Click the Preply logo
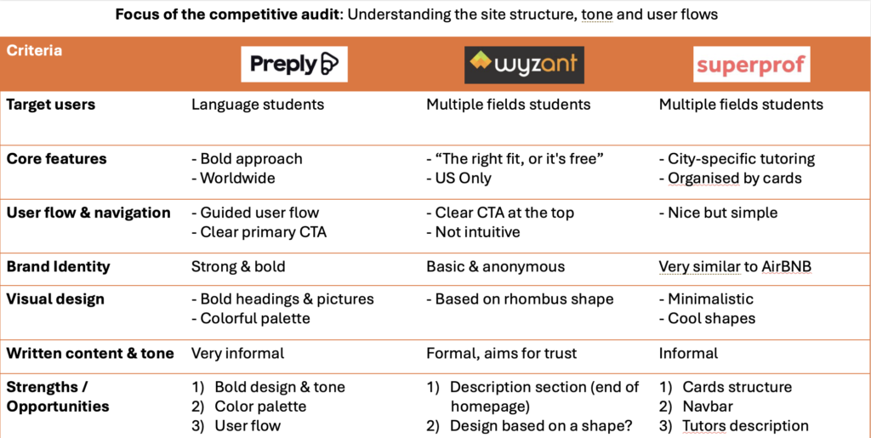(293, 64)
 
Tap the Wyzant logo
(523, 65)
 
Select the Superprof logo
(751, 65)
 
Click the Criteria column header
(35, 51)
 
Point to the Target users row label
(51, 105)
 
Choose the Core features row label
(57, 159)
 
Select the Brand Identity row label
(59, 266)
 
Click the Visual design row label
(55, 299)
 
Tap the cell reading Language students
(258, 105)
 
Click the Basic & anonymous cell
(495, 266)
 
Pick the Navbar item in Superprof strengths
(708, 407)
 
